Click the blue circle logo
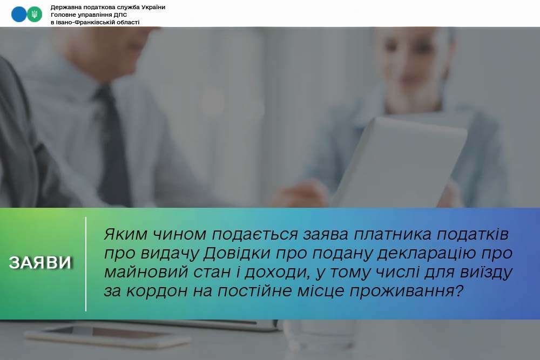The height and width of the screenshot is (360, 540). click(18, 15)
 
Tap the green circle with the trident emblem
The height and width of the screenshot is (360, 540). click(35, 15)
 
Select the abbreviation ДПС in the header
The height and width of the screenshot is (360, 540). click(120, 15)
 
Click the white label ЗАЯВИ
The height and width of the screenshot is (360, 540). click(40, 263)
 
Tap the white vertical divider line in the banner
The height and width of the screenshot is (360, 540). click(86, 264)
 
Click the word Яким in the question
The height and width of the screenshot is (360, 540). click(125, 234)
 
